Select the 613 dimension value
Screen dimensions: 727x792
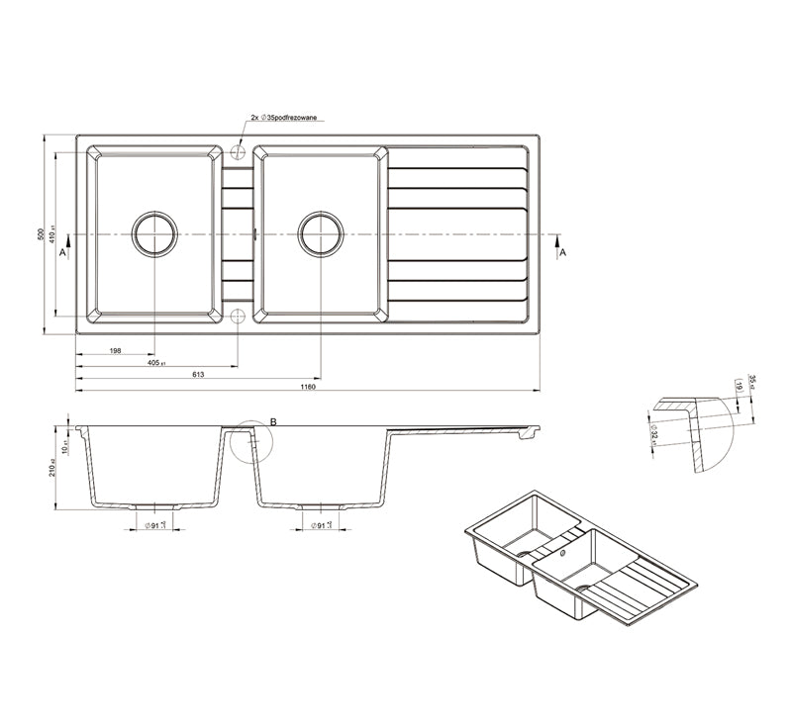[198, 373]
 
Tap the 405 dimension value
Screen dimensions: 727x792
[155, 362]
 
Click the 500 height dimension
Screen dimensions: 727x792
[41, 234]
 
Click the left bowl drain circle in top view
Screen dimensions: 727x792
[155, 234]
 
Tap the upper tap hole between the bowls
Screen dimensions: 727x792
[238, 153]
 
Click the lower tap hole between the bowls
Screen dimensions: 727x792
[238, 316]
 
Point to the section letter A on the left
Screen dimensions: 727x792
[62, 253]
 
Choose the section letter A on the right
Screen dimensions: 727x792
[562, 253]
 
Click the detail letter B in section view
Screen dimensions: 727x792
[273, 422]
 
